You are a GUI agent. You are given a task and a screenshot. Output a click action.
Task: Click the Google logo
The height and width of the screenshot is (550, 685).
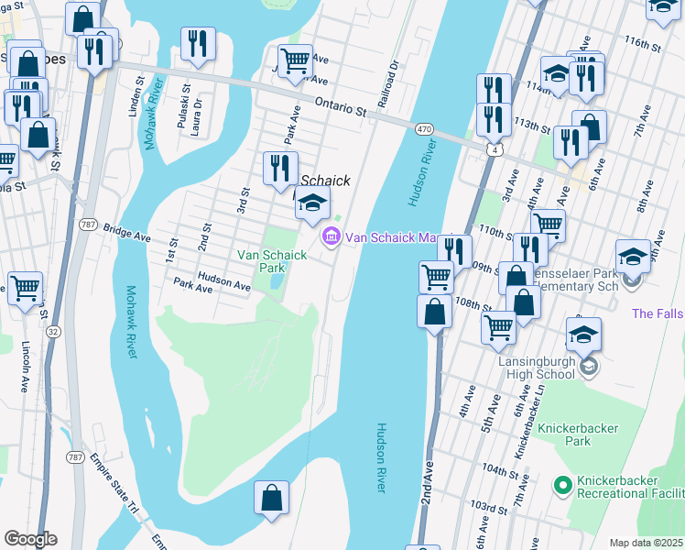pos(29,539)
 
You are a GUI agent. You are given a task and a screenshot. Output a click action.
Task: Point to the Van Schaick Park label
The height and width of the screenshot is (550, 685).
pos(272,261)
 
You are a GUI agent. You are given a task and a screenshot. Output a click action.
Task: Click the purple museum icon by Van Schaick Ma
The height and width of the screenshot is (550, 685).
pos(329,237)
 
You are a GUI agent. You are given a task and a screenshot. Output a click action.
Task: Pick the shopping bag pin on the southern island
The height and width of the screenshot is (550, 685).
pos(272,500)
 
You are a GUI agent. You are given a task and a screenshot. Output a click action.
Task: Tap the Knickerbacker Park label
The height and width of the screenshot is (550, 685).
pos(579,434)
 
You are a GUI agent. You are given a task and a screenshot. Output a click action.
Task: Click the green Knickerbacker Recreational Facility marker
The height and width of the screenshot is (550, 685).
pos(564,482)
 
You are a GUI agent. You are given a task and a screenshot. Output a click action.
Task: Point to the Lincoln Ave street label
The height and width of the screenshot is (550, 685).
pos(25,368)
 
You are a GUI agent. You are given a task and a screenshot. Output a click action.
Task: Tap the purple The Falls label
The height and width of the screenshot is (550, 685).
pos(657,313)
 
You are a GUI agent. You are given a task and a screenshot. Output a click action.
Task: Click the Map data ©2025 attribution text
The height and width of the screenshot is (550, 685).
pos(647,543)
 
